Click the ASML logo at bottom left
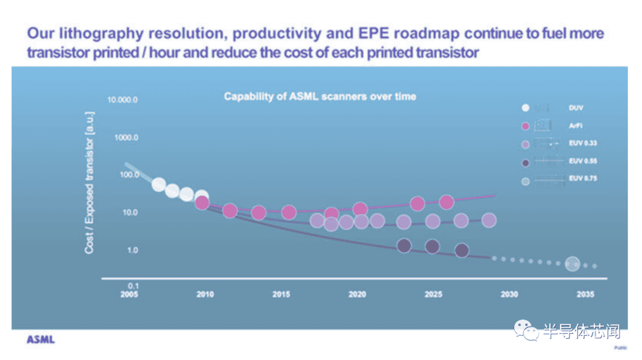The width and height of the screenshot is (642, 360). (40, 339)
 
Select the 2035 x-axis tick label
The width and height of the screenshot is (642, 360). (585, 293)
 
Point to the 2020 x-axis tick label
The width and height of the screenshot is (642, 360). (357, 293)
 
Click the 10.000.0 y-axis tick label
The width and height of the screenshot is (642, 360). (122, 100)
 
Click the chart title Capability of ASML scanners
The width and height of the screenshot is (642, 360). (320, 96)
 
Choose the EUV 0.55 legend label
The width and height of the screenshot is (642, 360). (583, 161)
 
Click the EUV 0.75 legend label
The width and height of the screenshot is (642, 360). (583, 178)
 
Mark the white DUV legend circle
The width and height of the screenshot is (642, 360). (525, 108)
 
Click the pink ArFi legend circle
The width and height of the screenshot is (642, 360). (525, 126)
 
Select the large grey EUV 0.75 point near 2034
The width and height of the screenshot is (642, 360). (572, 264)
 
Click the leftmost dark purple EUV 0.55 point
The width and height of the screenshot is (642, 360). (404, 246)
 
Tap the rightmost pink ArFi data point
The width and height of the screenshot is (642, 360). (446, 202)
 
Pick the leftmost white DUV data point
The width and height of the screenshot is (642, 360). (159, 185)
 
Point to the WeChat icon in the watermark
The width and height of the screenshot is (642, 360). (527, 330)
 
